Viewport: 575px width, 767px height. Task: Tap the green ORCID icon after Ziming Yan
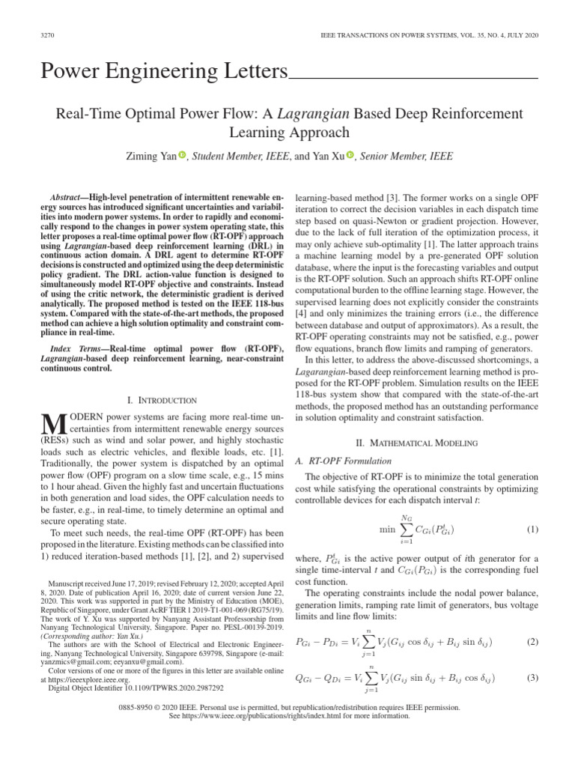coord(180,155)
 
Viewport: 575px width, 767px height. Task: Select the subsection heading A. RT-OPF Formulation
coord(339,461)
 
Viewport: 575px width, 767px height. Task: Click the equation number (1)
coord(532,530)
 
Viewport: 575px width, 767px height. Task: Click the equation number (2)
coord(532,642)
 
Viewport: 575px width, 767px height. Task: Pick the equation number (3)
coord(532,678)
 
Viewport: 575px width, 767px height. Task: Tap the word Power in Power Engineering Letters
coord(69,72)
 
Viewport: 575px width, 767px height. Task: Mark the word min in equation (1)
coord(386,530)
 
